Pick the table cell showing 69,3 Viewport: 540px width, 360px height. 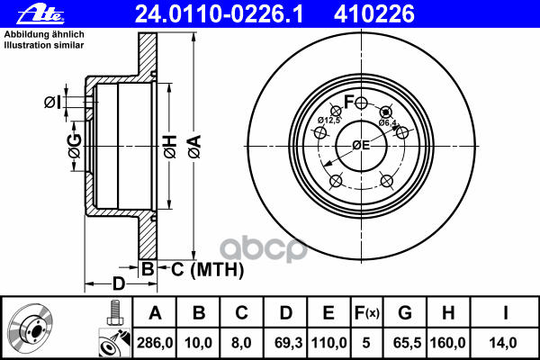click(x=285, y=342)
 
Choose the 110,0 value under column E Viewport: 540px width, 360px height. click(x=328, y=342)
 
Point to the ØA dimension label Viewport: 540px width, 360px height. click(x=193, y=143)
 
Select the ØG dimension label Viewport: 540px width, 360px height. click(x=75, y=143)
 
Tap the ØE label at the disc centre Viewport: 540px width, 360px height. click(x=361, y=145)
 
